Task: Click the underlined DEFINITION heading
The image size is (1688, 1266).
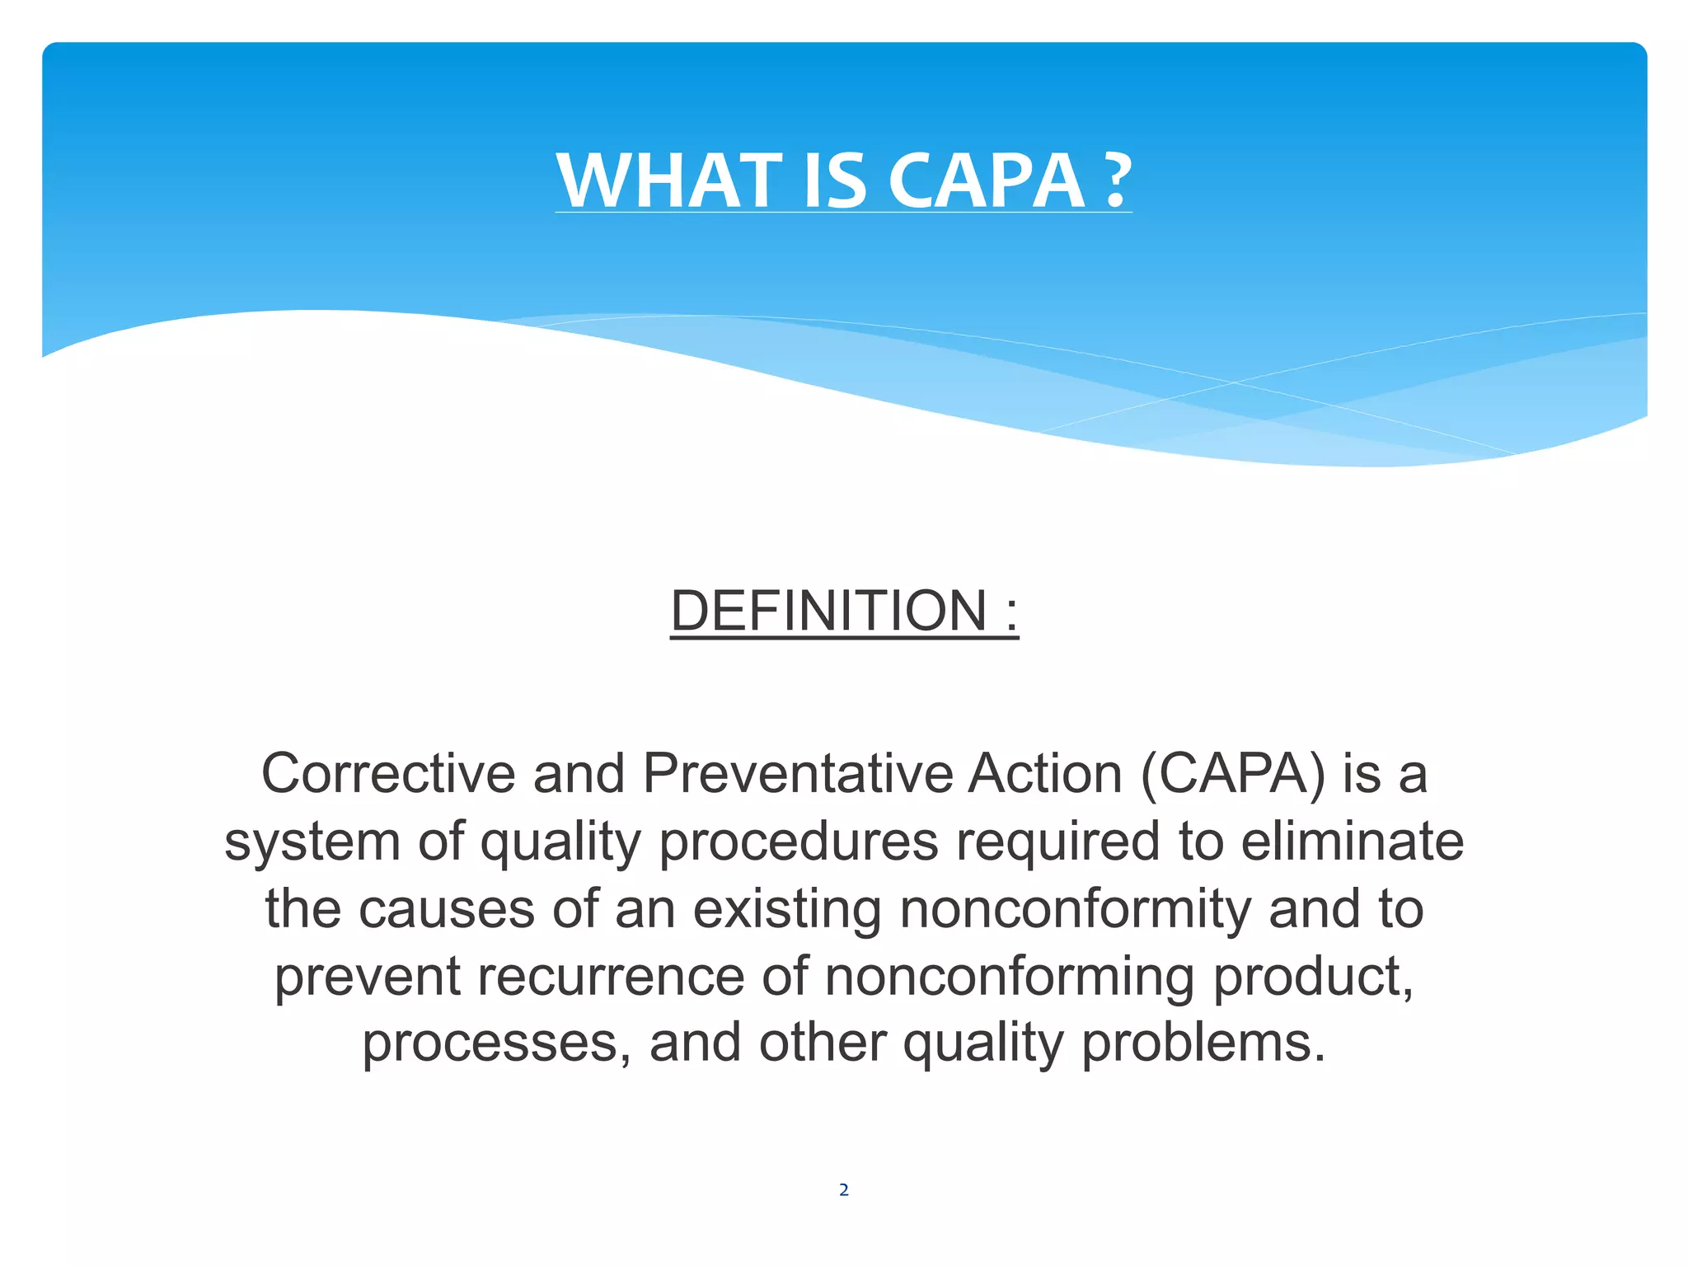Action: (x=828, y=612)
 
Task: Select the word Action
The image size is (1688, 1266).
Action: (x=1045, y=774)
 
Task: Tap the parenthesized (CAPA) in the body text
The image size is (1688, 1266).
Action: (x=1233, y=774)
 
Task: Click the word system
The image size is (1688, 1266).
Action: (x=312, y=842)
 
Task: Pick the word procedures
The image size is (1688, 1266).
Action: (x=799, y=842)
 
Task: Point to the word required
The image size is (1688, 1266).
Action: (x=1057, y=842)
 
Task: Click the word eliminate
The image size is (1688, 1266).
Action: (x=1352, y=842)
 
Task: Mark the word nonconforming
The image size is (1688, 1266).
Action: (x=1009, y=977)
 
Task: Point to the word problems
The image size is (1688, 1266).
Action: (x=1203, y=1043)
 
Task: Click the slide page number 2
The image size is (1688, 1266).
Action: (x=843, y=1189)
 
